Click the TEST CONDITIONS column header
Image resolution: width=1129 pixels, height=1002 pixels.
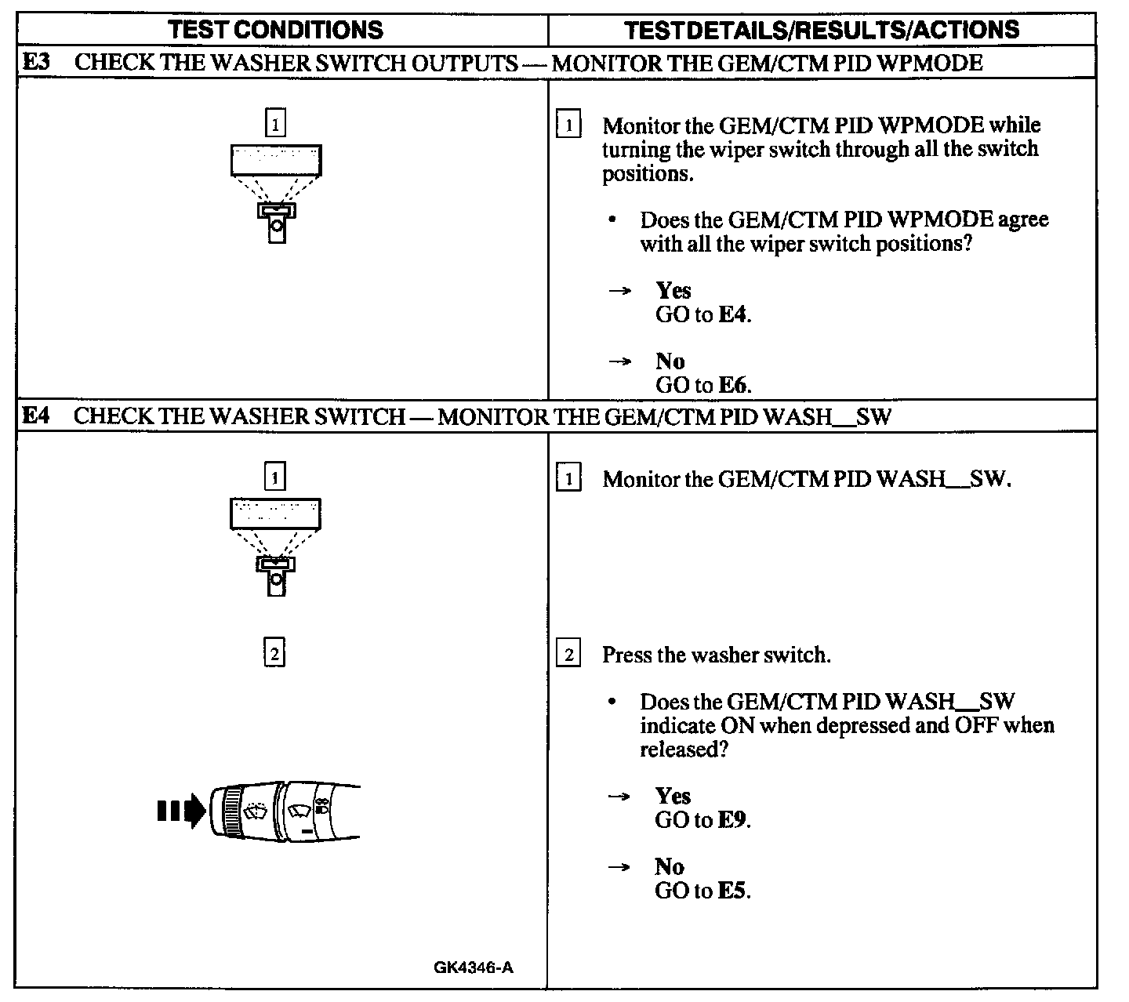(276, 30)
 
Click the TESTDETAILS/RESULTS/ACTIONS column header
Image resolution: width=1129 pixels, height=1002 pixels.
(822, 30)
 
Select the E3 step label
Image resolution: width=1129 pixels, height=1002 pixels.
(37, 62)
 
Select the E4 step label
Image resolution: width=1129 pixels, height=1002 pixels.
(37, 416)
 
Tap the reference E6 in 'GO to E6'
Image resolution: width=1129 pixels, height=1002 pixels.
(734, 385)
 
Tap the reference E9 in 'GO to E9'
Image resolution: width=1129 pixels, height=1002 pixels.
(734, 820)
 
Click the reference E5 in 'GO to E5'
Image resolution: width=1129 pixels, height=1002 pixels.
(734, 891)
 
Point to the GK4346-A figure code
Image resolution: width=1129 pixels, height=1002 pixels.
(474, 968)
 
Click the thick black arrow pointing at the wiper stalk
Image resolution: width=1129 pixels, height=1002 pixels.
(181, 811)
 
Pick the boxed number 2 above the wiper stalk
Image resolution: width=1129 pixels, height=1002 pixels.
(274, 653)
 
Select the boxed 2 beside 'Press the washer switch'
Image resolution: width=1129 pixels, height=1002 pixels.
(568, 654)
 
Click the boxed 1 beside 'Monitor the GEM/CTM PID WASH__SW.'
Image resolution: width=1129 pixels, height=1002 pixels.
(568, 478)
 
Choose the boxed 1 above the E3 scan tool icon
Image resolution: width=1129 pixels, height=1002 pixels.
(275, 123)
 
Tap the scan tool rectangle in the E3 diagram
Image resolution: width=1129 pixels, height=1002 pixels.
(276, 160)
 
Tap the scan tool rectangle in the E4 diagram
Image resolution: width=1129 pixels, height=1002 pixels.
(275, 514)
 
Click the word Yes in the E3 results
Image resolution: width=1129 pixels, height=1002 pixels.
(673, 291)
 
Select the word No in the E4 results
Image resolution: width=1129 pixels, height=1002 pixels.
(670, 866)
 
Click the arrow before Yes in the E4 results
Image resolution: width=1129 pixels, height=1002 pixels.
(619, 797)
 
